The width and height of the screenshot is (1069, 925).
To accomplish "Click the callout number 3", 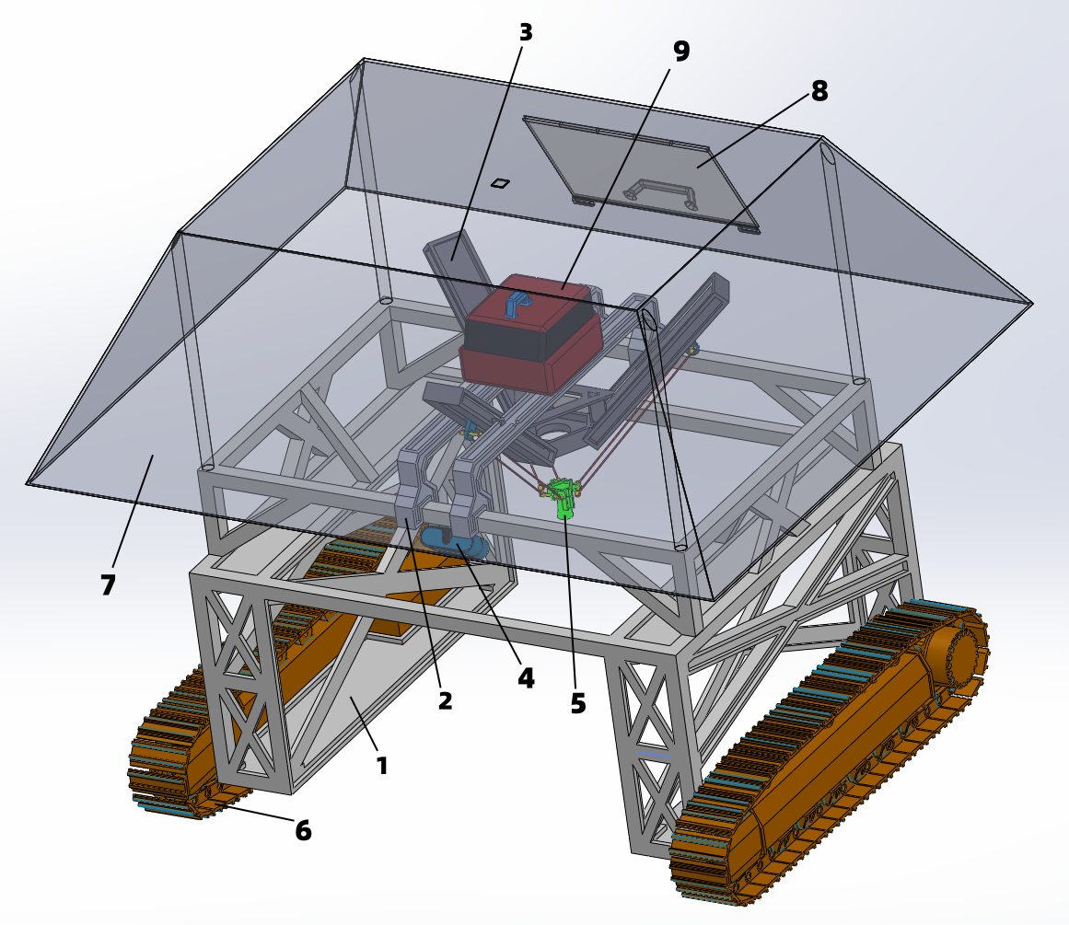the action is (x=525, y=32).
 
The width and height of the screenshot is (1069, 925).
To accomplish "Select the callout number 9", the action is (x=681, y=51).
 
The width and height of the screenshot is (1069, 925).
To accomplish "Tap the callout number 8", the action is (x=819, y=91).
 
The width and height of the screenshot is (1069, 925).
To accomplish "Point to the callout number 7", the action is (x=108, y=584).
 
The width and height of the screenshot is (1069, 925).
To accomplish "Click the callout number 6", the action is (x=303, y=830).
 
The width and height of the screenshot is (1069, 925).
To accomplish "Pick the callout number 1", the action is (x=382, y=766).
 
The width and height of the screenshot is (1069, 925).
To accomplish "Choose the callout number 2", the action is (x=446, y=700).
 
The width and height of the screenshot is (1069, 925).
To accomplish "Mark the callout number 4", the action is (x=526, y=677).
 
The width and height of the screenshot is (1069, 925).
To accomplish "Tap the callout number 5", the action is (x=578, y=703).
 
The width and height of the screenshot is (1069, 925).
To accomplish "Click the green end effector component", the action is (x=564, y=498).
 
